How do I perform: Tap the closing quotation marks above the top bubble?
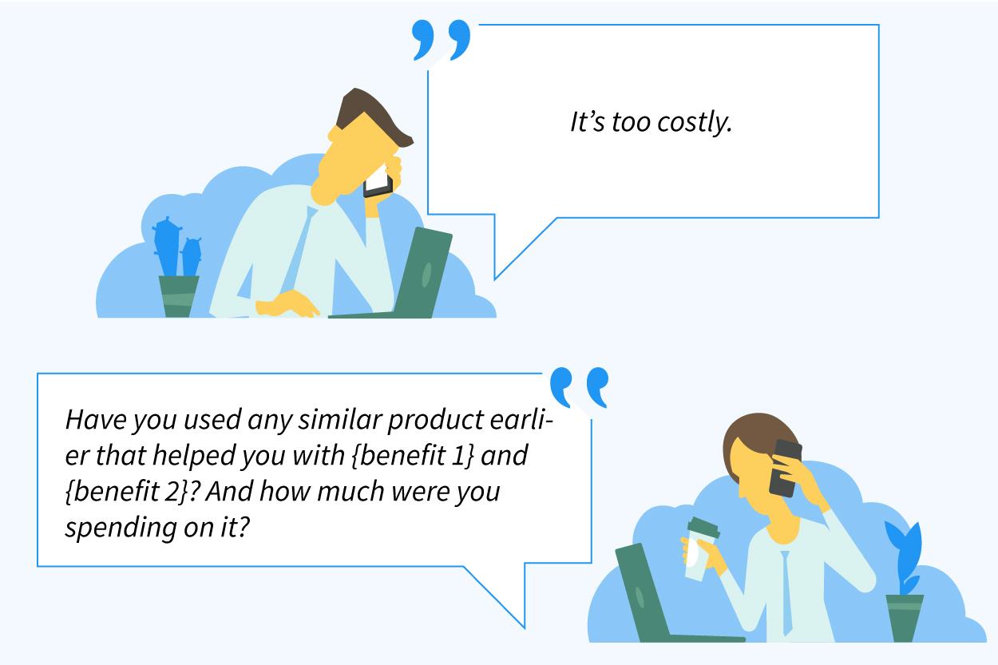click(441, 41)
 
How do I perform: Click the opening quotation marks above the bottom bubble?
click(579, 388)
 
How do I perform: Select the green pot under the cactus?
click(179, 295)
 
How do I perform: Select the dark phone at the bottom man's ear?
click(785, 468)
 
